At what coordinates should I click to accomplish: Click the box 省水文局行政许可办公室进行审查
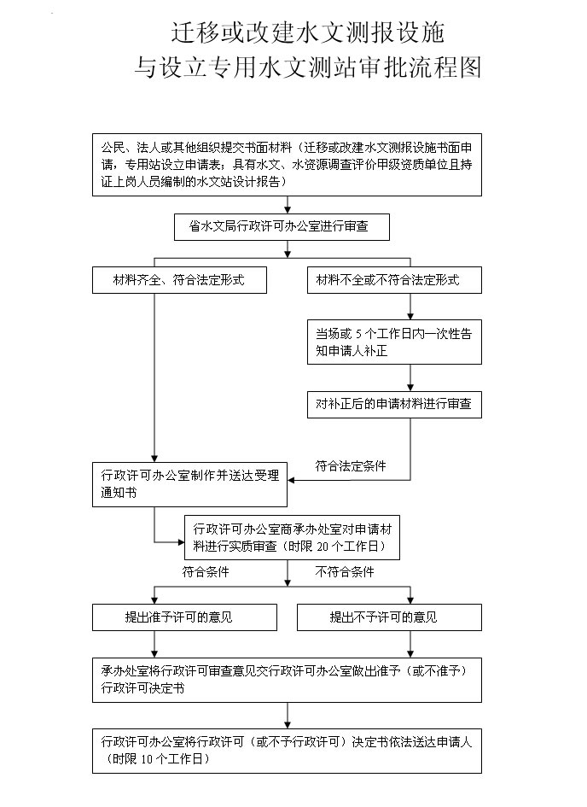pyautogui.click(x=288, y=226)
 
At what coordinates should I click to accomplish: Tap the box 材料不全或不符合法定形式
pyautogui.click(x=394, y=280)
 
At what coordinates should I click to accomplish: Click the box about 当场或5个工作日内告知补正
pyautogui.click(x=394, y=342)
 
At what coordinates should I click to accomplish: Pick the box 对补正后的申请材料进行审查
pyautogui.click(x=394, y=404)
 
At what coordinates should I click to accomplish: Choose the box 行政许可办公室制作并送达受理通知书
pyautogui.click(x=189, y=484)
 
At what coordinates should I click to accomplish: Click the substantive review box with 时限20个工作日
pyautogui.click(x=291, y=536)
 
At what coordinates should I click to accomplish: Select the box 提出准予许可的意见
pyautogui.click(x=185, y=617)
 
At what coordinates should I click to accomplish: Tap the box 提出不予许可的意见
pyautogui.click(x=388, y=617)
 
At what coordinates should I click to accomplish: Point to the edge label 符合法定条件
pyautogui.click(x=351, y=466)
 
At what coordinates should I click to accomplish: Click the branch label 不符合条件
pyautogui.click(x=345, y=572)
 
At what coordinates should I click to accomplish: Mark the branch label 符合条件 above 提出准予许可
pyautogui.click(x=205, y=572)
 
